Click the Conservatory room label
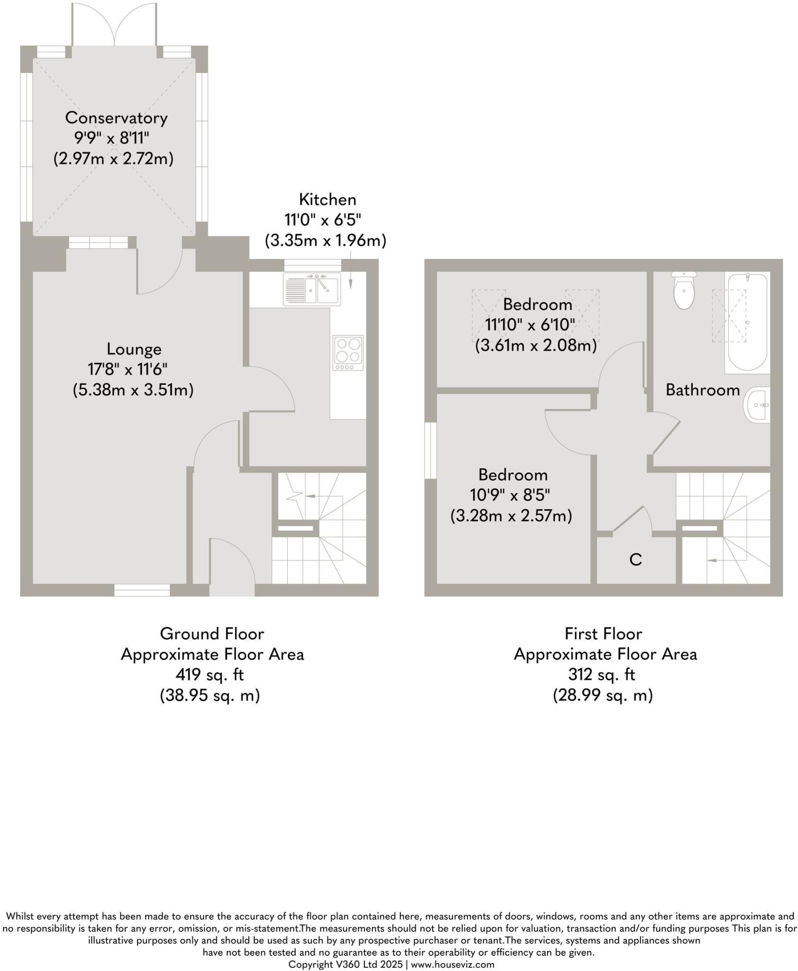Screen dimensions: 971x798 pyautogui.click(x=116, y=118)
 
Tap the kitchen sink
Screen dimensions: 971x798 pyautogui.click(x=312, y=289)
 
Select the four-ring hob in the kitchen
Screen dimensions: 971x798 pyautogui.click(x=348, y=353)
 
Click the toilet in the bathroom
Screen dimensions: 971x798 pyautogui.click(x=683, y=291)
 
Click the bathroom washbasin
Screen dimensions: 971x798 pyautogui.click(x=758, y=405)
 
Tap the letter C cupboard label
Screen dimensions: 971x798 pyautogui.click(x=635, y=560)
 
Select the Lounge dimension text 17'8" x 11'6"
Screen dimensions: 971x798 pyautogui.click(x=128, y=369)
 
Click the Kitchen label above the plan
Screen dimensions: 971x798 pyautogui.click(x=327, y=200)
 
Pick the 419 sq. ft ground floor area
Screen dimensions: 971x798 pyautogui.click(x=210, y=675)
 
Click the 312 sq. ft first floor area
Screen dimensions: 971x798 pyautogui.click(x=602, y=675)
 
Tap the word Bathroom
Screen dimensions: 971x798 pyautogui.click(x=702, y=390)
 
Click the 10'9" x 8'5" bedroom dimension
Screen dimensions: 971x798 pyautogui.click(x=510, y=495)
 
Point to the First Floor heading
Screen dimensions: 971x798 pyautogui.click(x=603, y=633)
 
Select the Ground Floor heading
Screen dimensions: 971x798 pyautogui.click(x=212, y=633)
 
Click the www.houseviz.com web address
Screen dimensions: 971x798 pyautogui.click(x=452, y=964)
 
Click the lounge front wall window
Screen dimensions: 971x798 pyautogui.click(x=142, y=590)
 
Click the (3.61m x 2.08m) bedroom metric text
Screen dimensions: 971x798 pyautogui.click(x=536, y=346)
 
